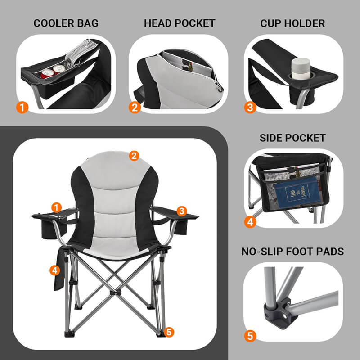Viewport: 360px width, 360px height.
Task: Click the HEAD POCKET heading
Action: (x=180, y=23)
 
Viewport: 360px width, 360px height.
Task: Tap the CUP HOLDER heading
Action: (x=292, y=23)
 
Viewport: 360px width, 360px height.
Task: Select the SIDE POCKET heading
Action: (x=292, y=138)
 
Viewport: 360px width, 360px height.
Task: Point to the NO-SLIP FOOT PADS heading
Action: (x=292, y=251)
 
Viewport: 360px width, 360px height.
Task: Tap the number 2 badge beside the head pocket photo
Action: (x=134, y=107)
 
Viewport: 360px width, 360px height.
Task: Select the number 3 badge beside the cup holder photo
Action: (x=250, y=107)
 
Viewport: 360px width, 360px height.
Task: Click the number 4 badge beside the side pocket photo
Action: (x=250, y=221)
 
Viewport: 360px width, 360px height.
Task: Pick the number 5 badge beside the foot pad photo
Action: (x=250, y=335)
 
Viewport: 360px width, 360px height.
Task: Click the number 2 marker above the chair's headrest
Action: (x=133, y=156)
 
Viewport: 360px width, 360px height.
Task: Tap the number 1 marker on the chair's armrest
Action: (x=56, y=207)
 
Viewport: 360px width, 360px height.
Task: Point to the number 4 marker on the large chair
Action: (x=54, y=270)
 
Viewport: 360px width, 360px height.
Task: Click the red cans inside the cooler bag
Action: (x=53, y=71)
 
